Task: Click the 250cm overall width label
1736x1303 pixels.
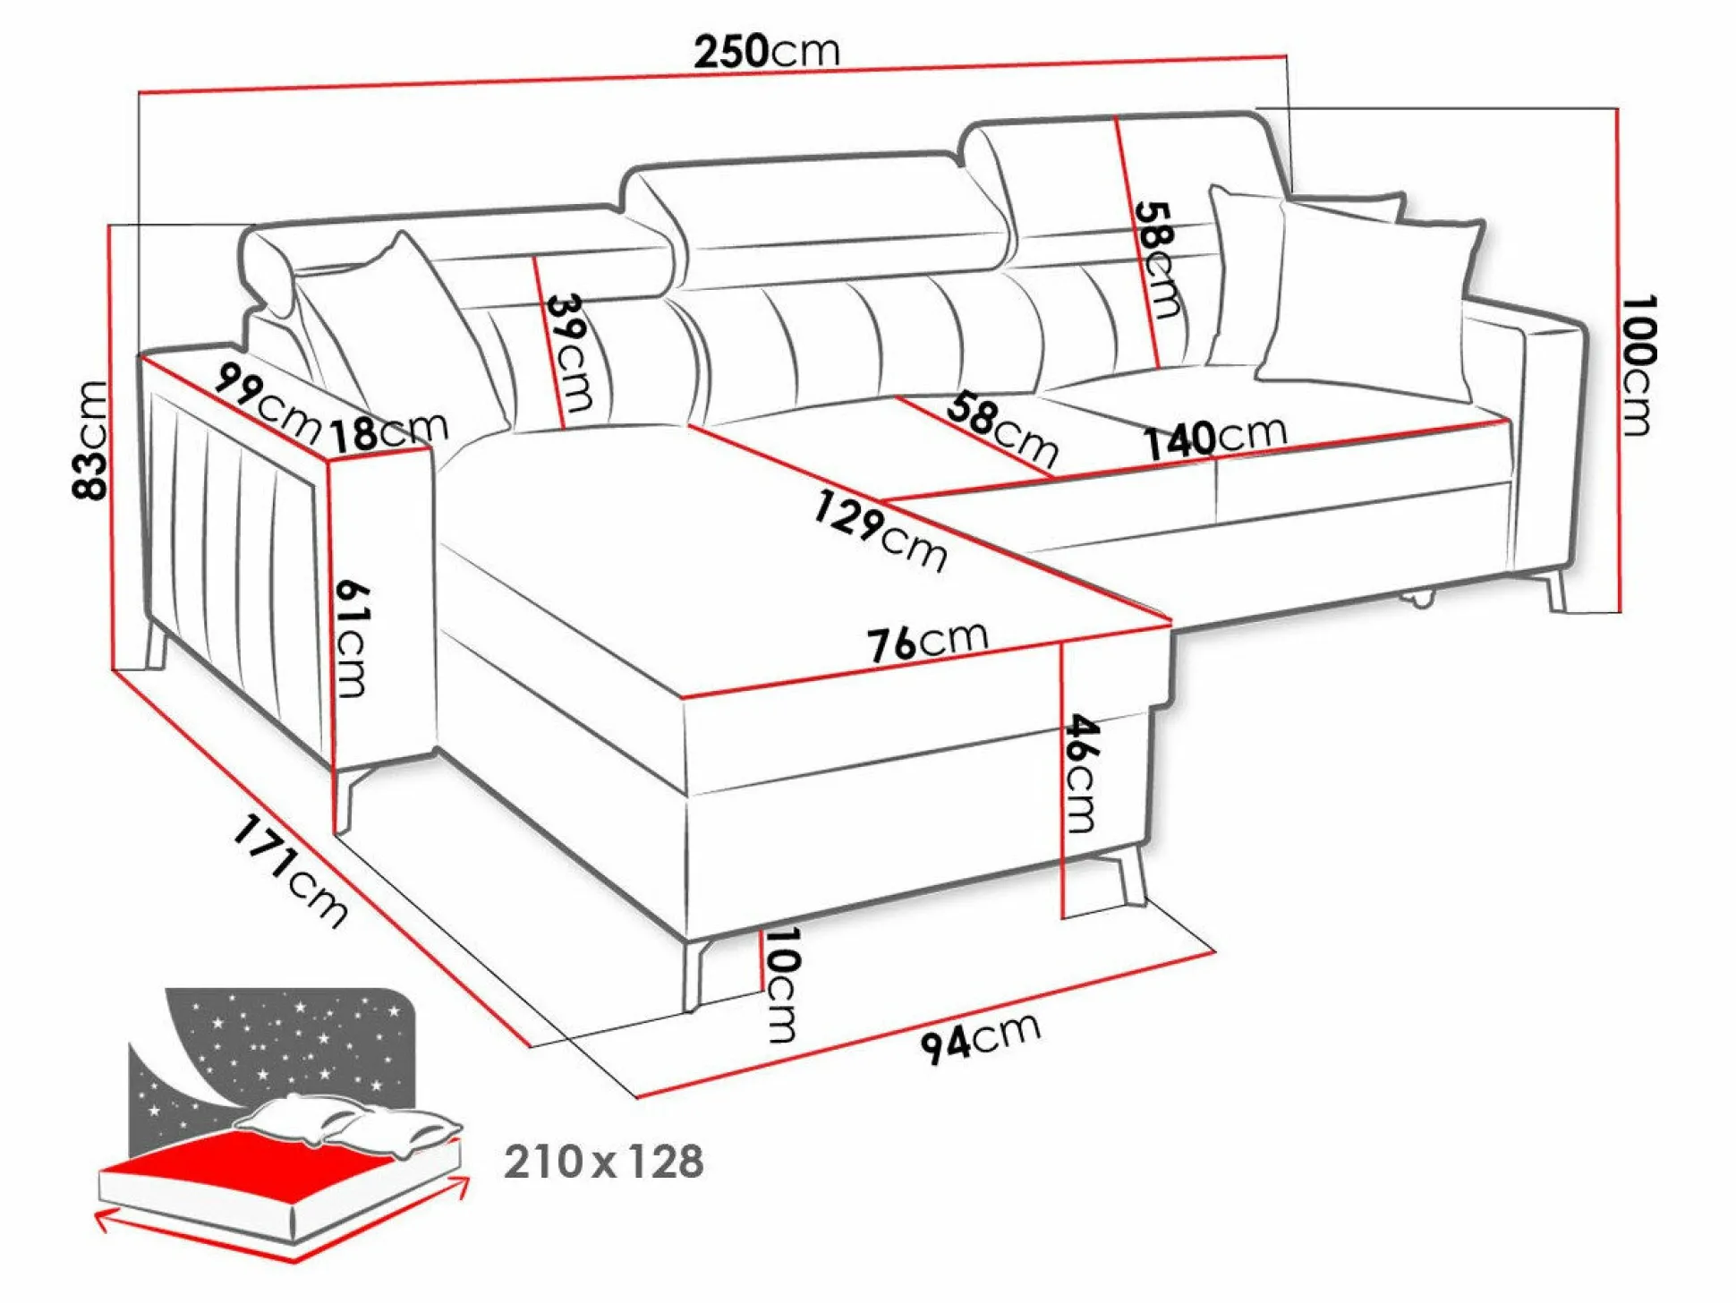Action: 767,51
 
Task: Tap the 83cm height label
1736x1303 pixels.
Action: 90,439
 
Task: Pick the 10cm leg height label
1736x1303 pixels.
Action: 781,984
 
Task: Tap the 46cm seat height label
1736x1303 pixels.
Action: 1082,773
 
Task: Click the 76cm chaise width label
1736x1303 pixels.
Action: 928,642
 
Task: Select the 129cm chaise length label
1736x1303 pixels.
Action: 880,532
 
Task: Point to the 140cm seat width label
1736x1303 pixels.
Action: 1215,438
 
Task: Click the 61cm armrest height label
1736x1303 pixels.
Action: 352,638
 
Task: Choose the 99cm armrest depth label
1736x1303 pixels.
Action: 267,404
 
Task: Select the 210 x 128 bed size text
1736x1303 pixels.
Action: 604,1162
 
